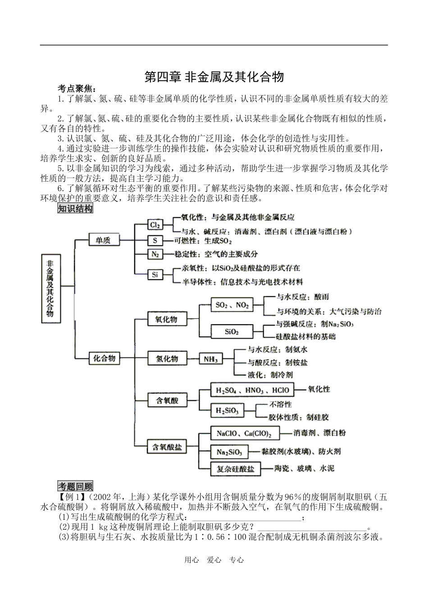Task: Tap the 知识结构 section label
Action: [x=75, y=209]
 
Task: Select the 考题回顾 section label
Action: [x=75, y=486]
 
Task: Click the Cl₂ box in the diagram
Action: [x=155, y=225]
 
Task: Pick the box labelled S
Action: [x=155, y=240]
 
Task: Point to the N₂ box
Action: [x=155, y=254]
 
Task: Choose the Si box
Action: [x=155, y=274]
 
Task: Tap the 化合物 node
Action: [x=105, y=358]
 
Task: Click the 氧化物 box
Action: [x=167, y=319]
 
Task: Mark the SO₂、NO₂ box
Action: [x=232, y=305]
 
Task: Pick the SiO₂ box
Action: [x=232, y=332]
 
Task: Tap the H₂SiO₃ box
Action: [x=228, y=411]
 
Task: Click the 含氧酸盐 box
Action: [x=167, y=447]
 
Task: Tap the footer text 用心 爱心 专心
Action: [x=214, y=560]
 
